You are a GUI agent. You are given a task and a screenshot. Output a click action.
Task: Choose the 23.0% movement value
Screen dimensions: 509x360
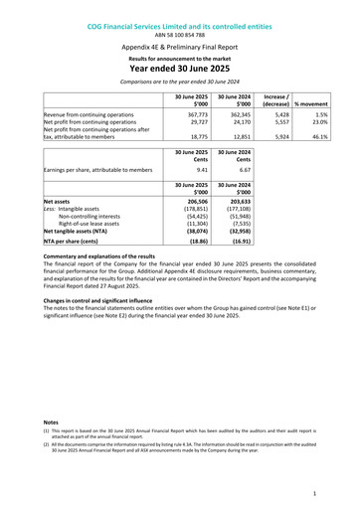click(x=315, y=126)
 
